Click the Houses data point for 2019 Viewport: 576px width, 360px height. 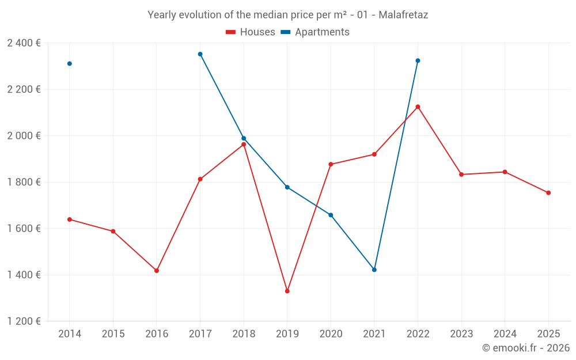pyautogui.click(x=287, y=291)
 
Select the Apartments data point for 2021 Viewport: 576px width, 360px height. pyautogui.click(x=374, y=270)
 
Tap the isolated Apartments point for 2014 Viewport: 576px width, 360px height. pyautogui.click(x=70, y=63)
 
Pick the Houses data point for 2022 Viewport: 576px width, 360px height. pyautogui.click(x=418, y=107)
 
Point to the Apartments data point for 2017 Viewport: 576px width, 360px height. pyautogui.click(x=200, y=54)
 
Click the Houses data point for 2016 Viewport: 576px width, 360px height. pyautogui.click(x=157, y=271)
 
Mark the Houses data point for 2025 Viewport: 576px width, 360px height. pyautogui.click(x=548, y=193)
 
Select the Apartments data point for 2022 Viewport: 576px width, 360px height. pyautogui.click(x=418, y=60)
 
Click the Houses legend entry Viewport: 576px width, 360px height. pyautogui.click(x=251, y=32)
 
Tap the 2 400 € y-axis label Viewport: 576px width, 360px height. pyautogui.click(x=24, y=43)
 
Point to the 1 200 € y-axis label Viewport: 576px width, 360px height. pyautogui.click(x=24, y=321)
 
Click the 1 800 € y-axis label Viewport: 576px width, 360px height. pyautogui.click(x=24, y=182)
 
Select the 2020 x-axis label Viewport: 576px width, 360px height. pyautogui.click(x=331, y=334)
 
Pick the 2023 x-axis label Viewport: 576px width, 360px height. pyautogui.click(x=461, y=334)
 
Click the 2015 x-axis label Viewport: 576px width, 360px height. pyautogui.click(x=113, y=334)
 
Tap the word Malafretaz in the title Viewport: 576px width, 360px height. pyautogui.click(x=403, y=15)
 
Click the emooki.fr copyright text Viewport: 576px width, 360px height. pyautogui.click(x=526, y=348)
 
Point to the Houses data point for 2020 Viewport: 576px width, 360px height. pyautogui.click(x=331, y=164)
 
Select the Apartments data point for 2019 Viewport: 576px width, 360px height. pyautogui.click(x=287, y=187)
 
